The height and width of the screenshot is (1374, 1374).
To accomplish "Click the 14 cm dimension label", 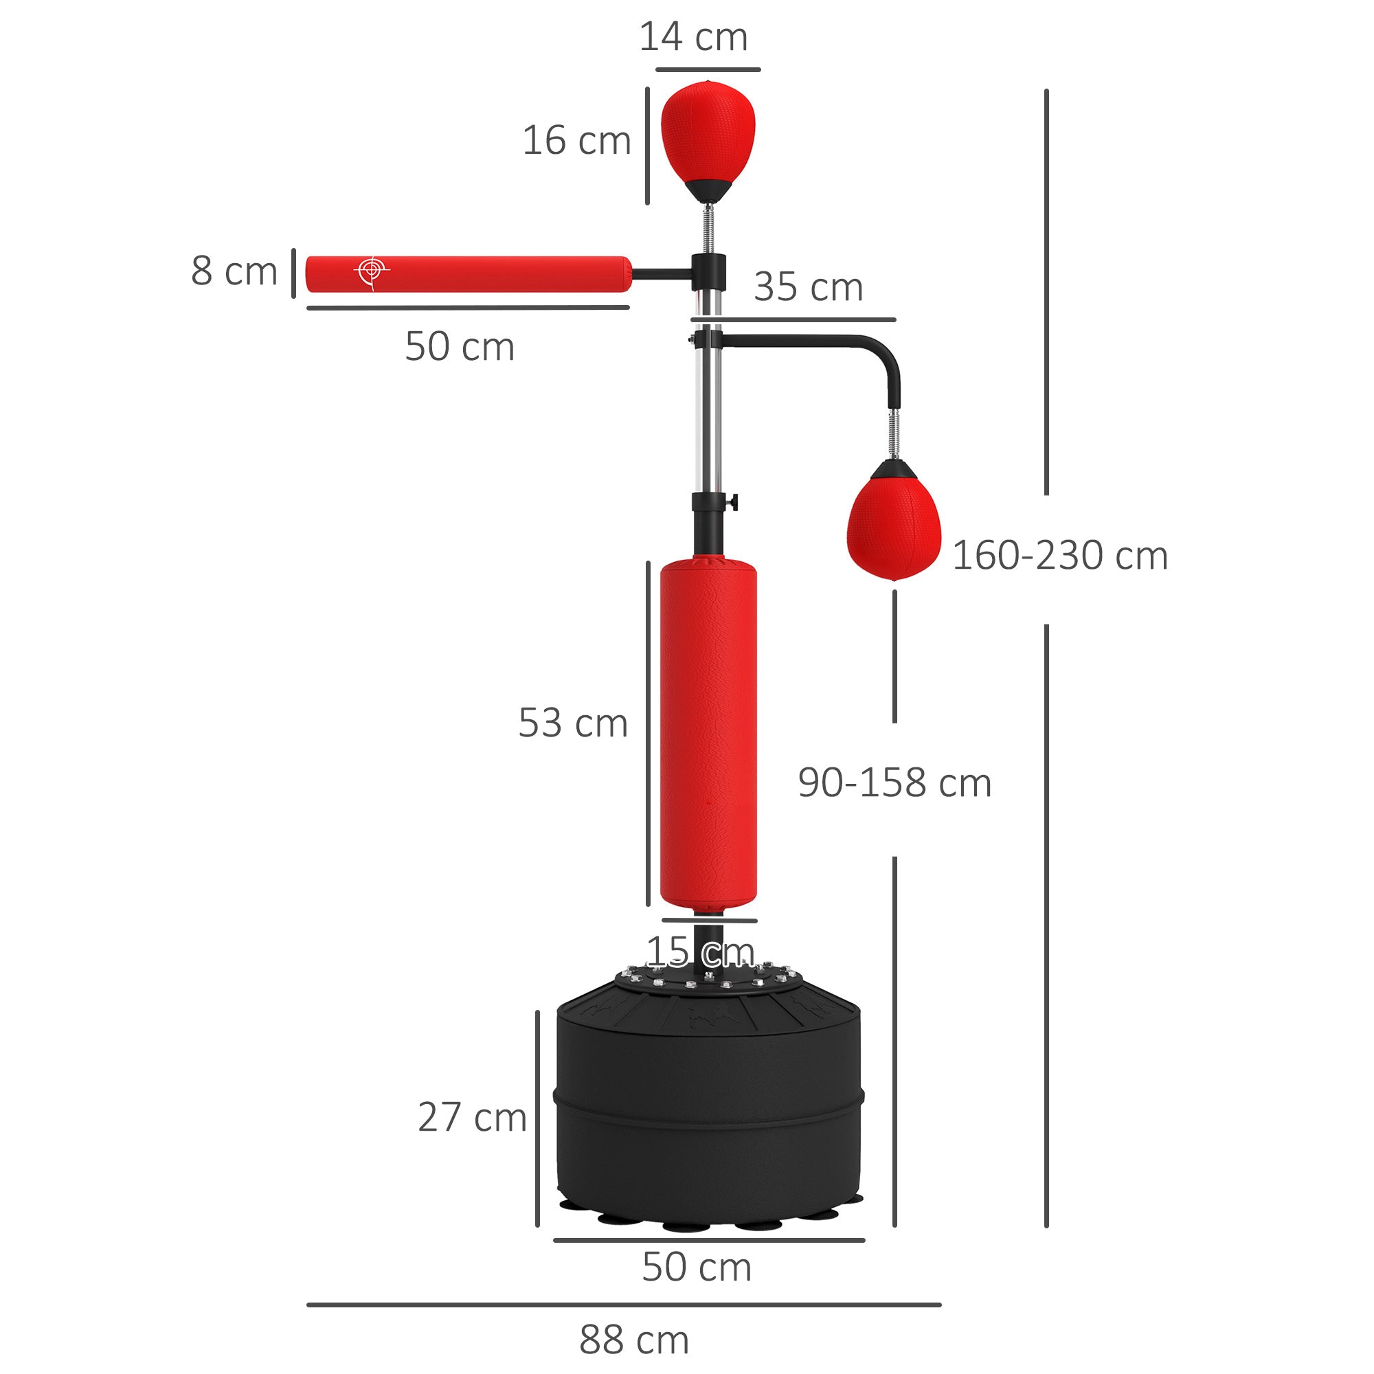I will click(692, 37).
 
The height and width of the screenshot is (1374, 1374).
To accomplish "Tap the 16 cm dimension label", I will click(576, 140).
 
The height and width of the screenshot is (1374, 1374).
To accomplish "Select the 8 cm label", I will click(234, 271).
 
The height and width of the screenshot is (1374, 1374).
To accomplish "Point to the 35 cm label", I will click(808, 287).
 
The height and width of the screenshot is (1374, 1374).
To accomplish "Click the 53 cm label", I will click(572, 723).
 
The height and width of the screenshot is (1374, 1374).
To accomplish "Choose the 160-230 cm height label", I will click(1059, 555).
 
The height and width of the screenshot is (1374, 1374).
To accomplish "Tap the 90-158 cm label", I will click(894, 783).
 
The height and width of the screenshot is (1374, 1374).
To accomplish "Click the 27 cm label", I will click(471, 1117).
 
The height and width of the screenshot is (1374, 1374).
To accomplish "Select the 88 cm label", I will click(633, 1340).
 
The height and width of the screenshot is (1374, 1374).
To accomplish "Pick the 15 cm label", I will click(700, 951).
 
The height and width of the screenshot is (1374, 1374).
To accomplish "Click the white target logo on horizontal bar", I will click(371, 271).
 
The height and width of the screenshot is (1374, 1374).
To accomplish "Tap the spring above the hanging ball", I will click(894, 433).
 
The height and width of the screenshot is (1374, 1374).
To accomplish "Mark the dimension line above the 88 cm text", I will click(623, 1305).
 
